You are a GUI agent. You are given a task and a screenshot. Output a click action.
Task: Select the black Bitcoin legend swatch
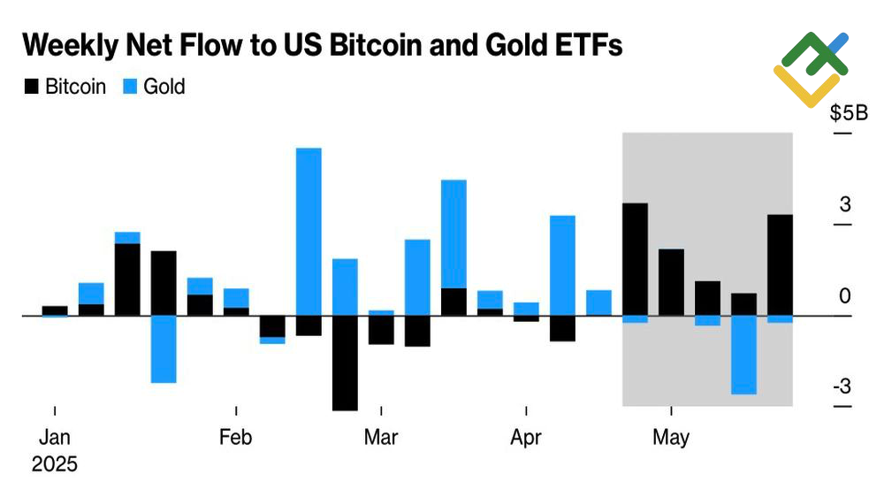tap(33, 87)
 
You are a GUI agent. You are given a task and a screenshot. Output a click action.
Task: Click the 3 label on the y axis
tap(845, 204)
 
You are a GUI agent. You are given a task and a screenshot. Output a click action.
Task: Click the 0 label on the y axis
tap(845, 295)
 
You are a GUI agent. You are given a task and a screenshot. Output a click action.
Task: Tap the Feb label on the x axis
tap(236, 438)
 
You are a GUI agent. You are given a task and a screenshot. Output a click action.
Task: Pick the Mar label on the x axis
tap(381, 438)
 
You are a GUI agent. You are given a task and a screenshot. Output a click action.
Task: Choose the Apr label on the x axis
tap(526, 438)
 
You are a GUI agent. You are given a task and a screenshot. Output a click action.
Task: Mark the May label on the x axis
tap(671, 438)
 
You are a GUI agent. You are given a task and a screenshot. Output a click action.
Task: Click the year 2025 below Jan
tap(54, 463)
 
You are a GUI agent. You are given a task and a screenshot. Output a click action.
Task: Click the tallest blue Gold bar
tap(309, 230)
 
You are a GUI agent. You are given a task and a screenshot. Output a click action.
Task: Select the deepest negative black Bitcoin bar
tap(345, 363)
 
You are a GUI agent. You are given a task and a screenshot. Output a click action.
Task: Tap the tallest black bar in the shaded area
tap(635, 259)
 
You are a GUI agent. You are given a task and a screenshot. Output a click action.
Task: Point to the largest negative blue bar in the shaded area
tap(743, 354)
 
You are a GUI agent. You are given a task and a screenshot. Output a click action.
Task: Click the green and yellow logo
tap(811, 68)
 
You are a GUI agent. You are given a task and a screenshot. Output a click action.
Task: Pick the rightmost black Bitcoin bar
tap(780, 264)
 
